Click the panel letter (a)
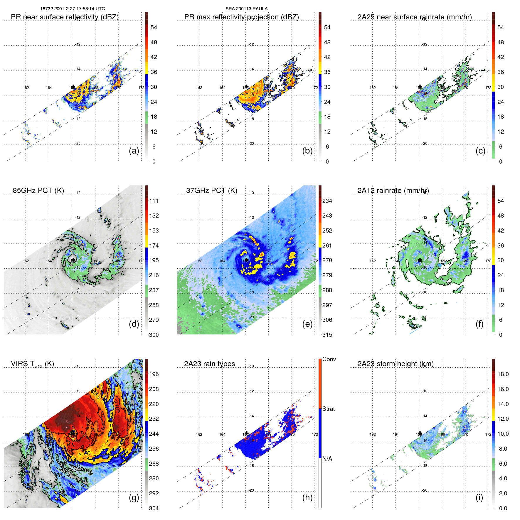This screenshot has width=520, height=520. (x=134, y=151)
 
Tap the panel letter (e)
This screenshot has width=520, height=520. (x=307, y=324)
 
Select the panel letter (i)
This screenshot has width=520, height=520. (x=479, y=497)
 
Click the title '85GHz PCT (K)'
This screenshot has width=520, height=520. (x=38, y=191)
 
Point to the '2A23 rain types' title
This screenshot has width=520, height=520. (x=209, y=364)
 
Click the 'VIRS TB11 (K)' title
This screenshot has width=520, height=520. (x=32, y=364)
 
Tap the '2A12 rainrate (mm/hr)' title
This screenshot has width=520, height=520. (x=393, y=191)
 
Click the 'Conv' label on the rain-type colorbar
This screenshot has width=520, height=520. (x=329, y=359)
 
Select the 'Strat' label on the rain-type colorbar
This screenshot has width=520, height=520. (x=329, y=409)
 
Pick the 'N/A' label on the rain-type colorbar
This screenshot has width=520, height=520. (x=327, y=459)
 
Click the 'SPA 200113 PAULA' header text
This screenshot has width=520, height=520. (x=246, y=9)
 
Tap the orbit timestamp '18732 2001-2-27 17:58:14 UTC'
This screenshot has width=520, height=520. (x=73, y=9)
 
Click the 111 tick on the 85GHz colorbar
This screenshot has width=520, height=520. (x=154, y=201)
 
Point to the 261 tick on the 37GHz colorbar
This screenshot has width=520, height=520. (x=327, y=245)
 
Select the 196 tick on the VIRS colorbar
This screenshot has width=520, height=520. (x=154, y=374)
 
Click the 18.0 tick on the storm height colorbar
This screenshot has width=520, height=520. (x=503, y=374)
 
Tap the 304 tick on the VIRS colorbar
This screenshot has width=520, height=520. (x=154, y=508)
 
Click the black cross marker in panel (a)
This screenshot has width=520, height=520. (x=73, y=87)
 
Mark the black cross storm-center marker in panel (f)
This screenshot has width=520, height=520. (x=420, y=260)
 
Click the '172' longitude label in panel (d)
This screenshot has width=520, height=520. (x=142, y=261)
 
